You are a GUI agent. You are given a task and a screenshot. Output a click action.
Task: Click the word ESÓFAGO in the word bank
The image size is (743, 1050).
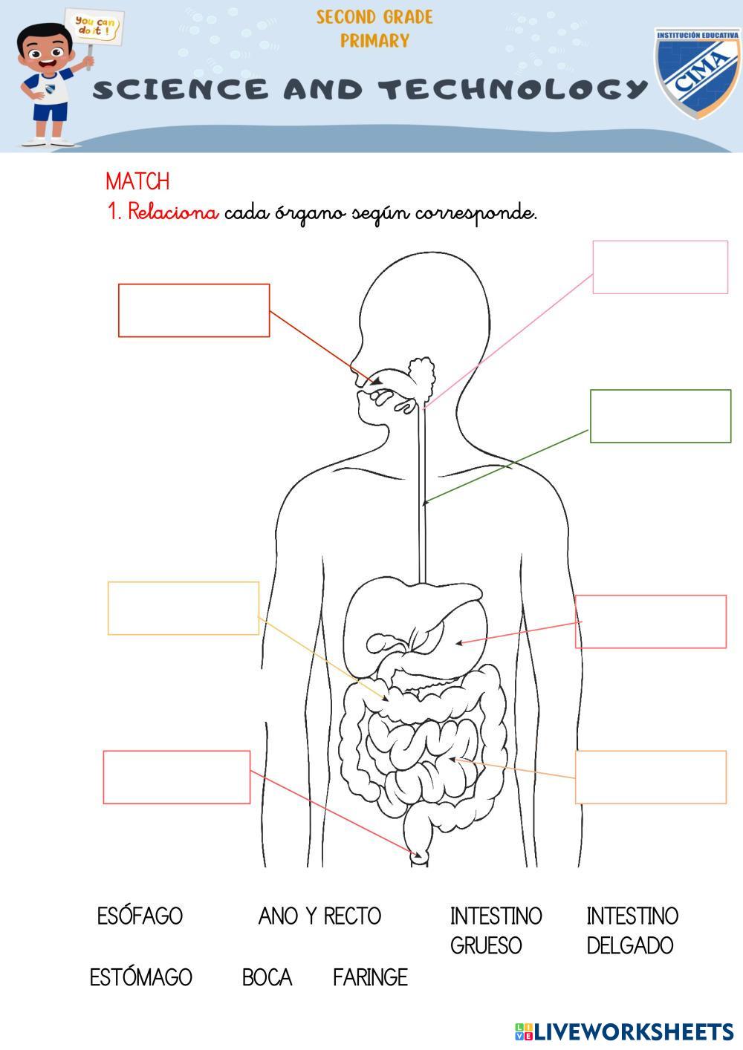(140, 916)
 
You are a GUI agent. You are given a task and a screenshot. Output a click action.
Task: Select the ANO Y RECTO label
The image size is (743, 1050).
(319, 916)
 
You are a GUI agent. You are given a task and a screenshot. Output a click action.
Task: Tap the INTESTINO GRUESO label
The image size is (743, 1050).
(496, 930)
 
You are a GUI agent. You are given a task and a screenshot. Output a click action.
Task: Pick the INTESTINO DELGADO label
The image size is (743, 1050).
(632, 930)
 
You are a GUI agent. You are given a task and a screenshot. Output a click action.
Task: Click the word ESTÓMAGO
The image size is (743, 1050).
(140, 976)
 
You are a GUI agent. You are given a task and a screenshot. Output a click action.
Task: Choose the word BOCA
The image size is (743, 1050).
(267, 976)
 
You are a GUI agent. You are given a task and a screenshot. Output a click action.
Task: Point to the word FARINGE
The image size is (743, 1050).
(370, 976)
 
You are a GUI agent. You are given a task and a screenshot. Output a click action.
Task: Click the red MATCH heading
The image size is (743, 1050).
(137, 181)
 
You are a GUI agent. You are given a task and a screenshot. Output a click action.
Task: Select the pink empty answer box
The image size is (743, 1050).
(660, 267)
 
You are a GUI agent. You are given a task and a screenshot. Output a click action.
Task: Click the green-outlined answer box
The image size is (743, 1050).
(660, 416)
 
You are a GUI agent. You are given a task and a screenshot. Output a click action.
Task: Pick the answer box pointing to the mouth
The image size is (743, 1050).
(194, 310)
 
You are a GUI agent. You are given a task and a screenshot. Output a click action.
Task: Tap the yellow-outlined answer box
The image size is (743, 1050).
(184, 608)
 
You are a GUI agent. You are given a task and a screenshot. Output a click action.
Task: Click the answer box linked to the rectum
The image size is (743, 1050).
(177, 777)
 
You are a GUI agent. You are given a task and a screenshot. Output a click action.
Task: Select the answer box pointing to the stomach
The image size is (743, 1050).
(651, 622)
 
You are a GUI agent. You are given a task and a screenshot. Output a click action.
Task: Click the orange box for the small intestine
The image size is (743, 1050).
(651, 777)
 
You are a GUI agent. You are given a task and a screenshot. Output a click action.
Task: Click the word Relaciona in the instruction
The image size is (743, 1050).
(173, 212)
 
